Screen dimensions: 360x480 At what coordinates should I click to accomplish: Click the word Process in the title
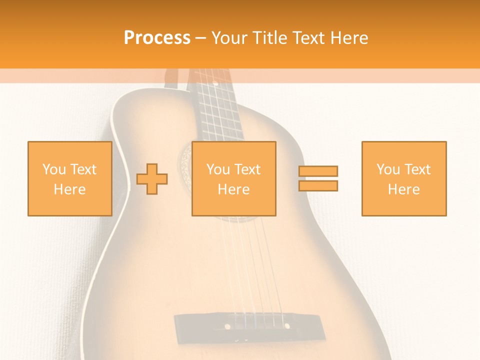(157, 38)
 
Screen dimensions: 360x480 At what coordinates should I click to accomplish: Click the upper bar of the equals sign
(318, 171)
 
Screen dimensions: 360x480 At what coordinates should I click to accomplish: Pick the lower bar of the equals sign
(318, 185)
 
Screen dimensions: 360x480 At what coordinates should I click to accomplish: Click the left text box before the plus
(69, 178)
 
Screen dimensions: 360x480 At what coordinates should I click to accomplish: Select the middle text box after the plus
(233, 178)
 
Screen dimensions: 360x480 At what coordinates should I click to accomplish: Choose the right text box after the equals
(403, 178)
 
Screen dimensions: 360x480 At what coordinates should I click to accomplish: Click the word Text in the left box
(82, 169)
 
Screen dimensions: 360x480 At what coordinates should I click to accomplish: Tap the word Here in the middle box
(233, 189)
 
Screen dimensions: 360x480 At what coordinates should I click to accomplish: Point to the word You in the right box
(387, 169)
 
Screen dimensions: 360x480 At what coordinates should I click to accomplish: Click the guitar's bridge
(247, 326)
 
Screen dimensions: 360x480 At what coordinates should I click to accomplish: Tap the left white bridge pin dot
(227, 326)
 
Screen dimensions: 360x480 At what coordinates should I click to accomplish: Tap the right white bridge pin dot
(287, 326)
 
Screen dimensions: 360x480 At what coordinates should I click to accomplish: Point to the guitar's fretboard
(219, 110)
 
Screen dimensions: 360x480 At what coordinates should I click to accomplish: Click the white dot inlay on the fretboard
(215, 81)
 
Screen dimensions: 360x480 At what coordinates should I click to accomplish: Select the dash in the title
(200, 38)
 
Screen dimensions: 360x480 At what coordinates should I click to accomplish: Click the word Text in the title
(305, 38)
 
